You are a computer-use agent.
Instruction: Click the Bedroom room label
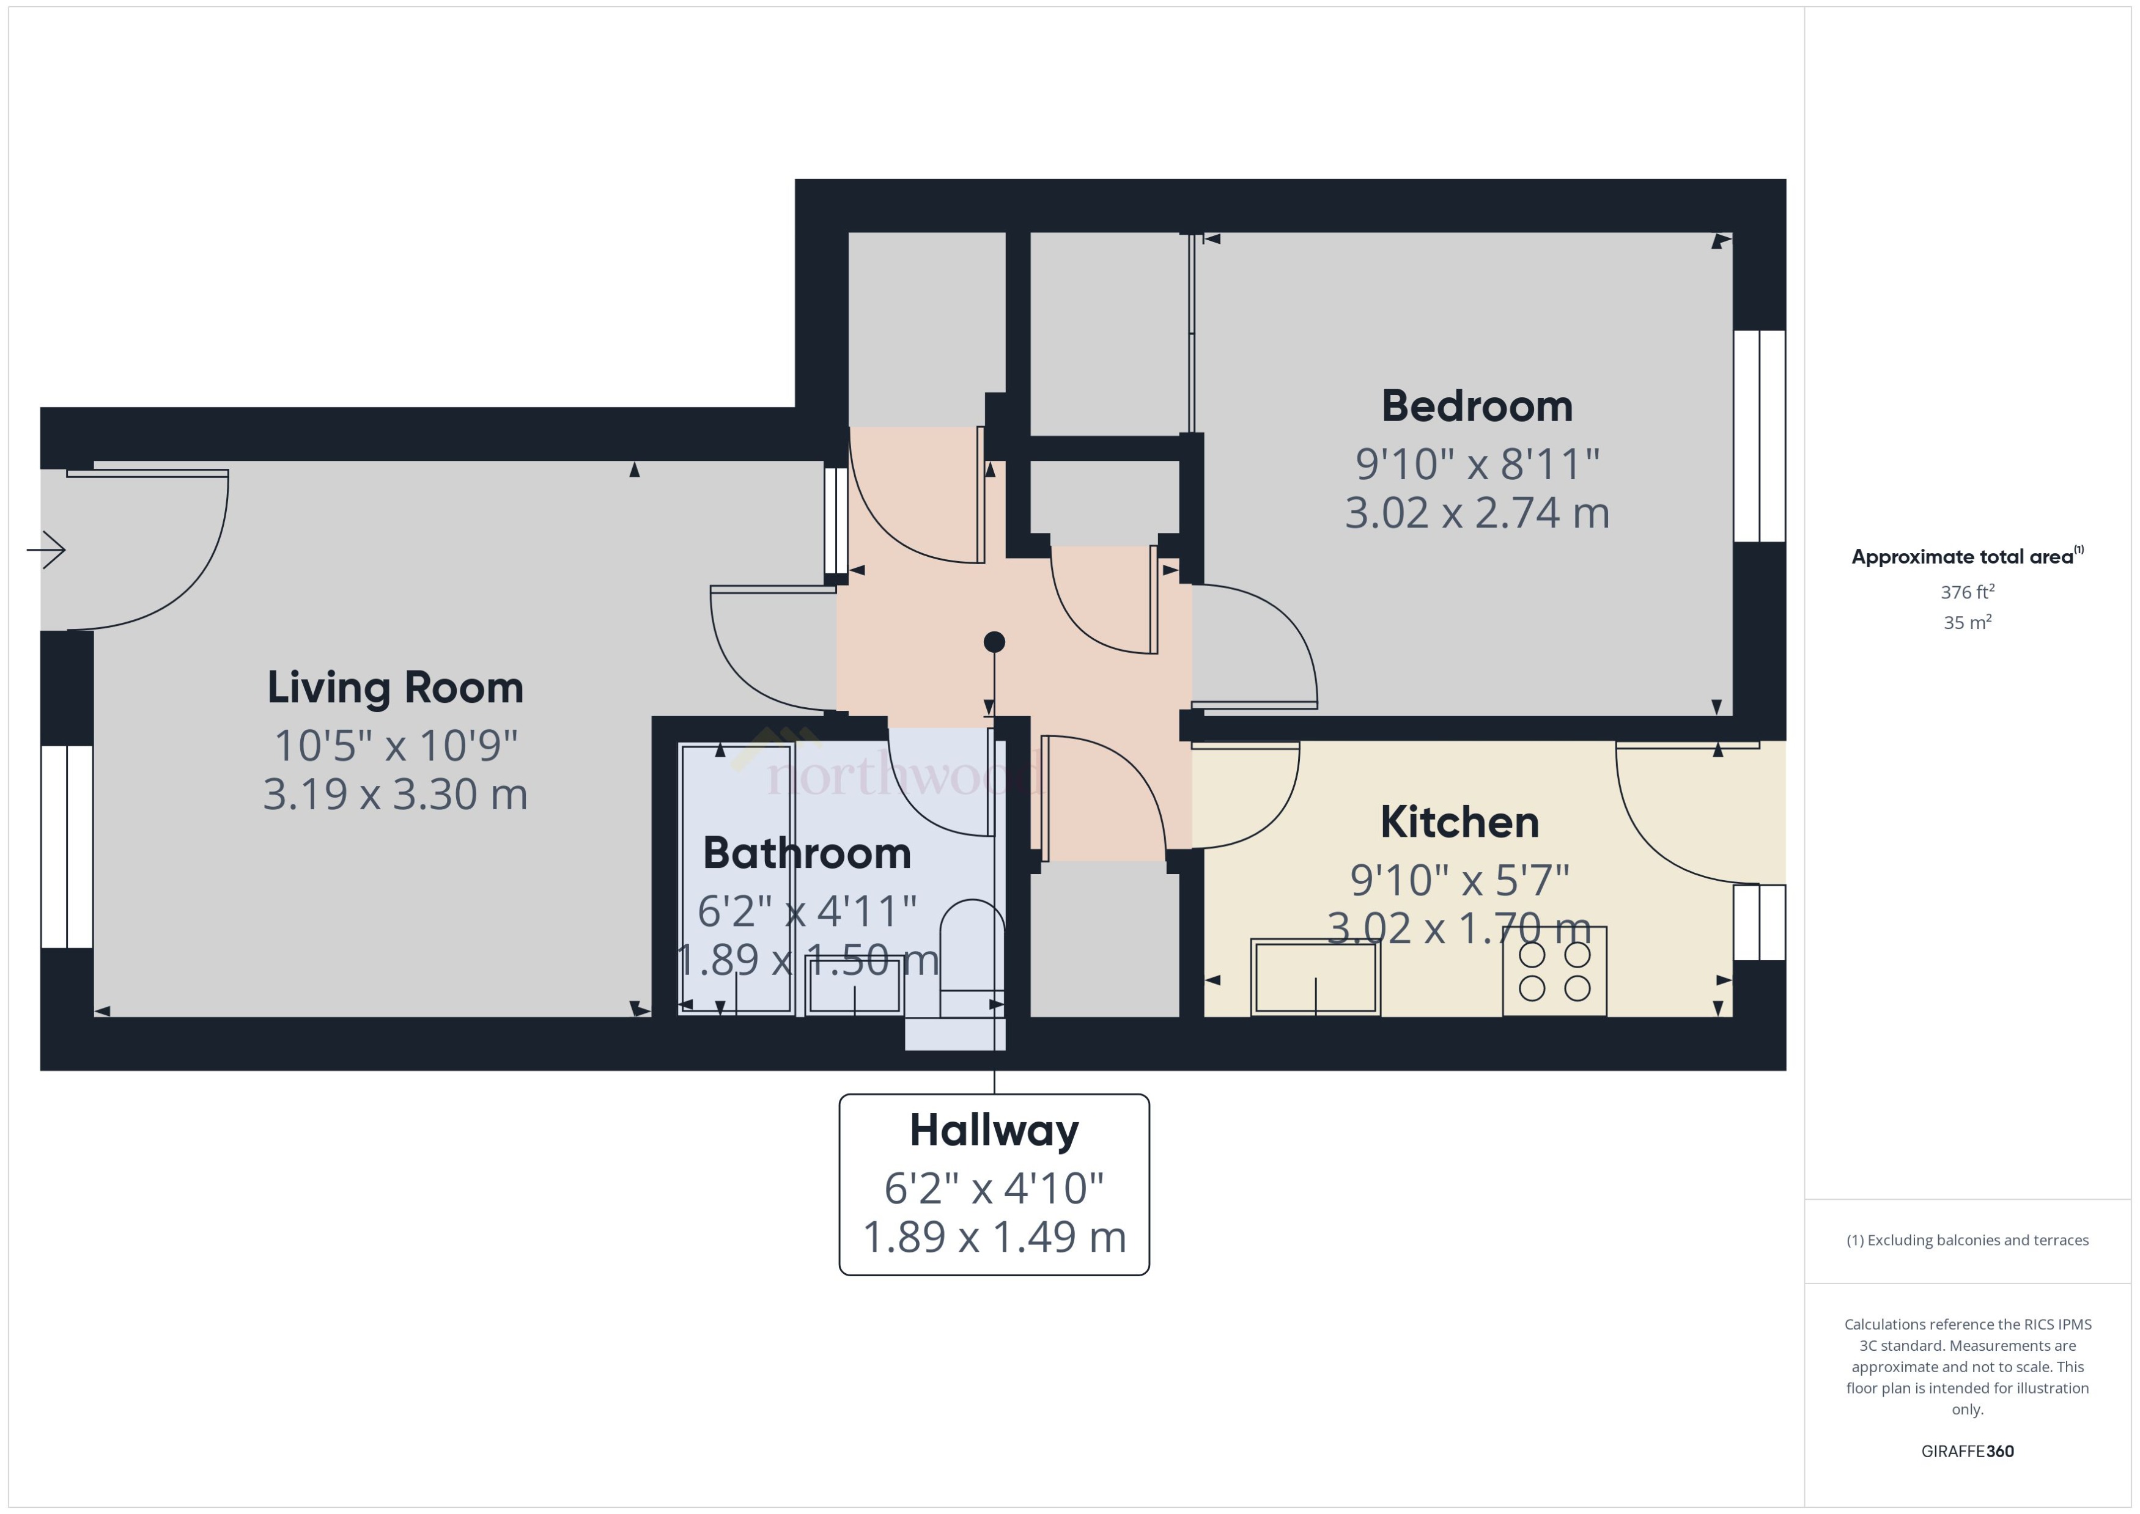point(1476,406)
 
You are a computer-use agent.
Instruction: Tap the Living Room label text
point(396,688)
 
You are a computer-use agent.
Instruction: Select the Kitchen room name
point(1459,822)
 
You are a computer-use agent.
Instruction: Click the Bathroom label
point(806,853)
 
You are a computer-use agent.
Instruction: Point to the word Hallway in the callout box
point(994,1130)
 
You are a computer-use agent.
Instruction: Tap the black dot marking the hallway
point(994,641)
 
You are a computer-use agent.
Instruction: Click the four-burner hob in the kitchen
point(1554,971)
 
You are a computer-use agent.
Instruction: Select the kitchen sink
point(1315,976)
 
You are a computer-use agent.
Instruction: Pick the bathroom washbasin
point(853,985)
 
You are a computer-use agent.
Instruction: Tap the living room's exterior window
point(66,847)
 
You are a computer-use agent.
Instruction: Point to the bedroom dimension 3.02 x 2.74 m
point(1476,513)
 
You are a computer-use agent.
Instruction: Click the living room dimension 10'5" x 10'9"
point(396,746)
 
